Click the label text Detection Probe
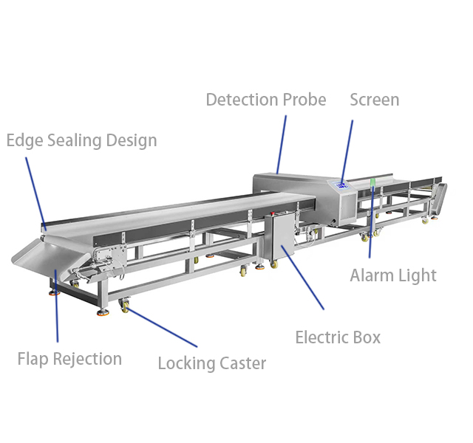click(265, 100)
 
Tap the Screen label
click(374, 100)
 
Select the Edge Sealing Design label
click(81, 140)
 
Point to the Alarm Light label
click(393, 275)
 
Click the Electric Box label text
click(338, 337)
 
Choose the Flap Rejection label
click(69, 359)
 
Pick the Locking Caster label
click(212, 363)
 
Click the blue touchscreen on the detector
click(341, 185)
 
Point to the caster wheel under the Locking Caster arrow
click(124, 306)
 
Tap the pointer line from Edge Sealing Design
click(35, 190)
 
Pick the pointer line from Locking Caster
click(163, 327)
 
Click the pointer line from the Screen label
click(347, 151)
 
